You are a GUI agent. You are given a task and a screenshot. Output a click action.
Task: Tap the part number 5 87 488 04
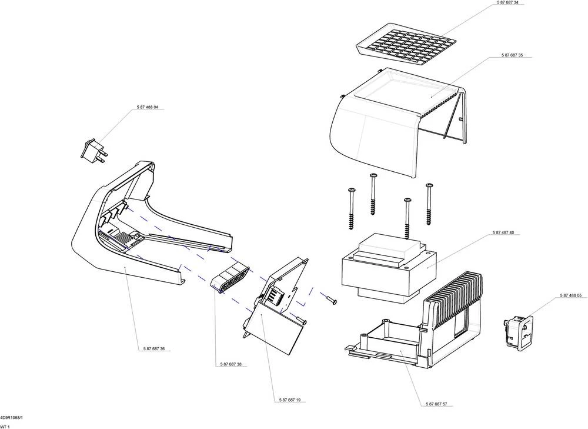click(x=147, y=107)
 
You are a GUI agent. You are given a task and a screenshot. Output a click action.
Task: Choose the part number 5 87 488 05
click(x=570, y=295)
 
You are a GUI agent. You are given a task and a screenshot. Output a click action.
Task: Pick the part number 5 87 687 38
click(x=231, y=365)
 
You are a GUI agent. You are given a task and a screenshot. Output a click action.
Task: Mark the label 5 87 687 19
click(x=290, y=400)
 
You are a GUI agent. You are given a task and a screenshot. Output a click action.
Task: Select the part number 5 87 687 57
click(x=436, y=404)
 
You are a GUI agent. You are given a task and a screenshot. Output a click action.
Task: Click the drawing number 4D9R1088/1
click(x=11, y=417)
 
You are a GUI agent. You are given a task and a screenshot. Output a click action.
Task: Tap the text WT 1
click(x=5, y=426)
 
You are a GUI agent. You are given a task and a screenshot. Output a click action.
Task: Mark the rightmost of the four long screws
click(x=429, y=206)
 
